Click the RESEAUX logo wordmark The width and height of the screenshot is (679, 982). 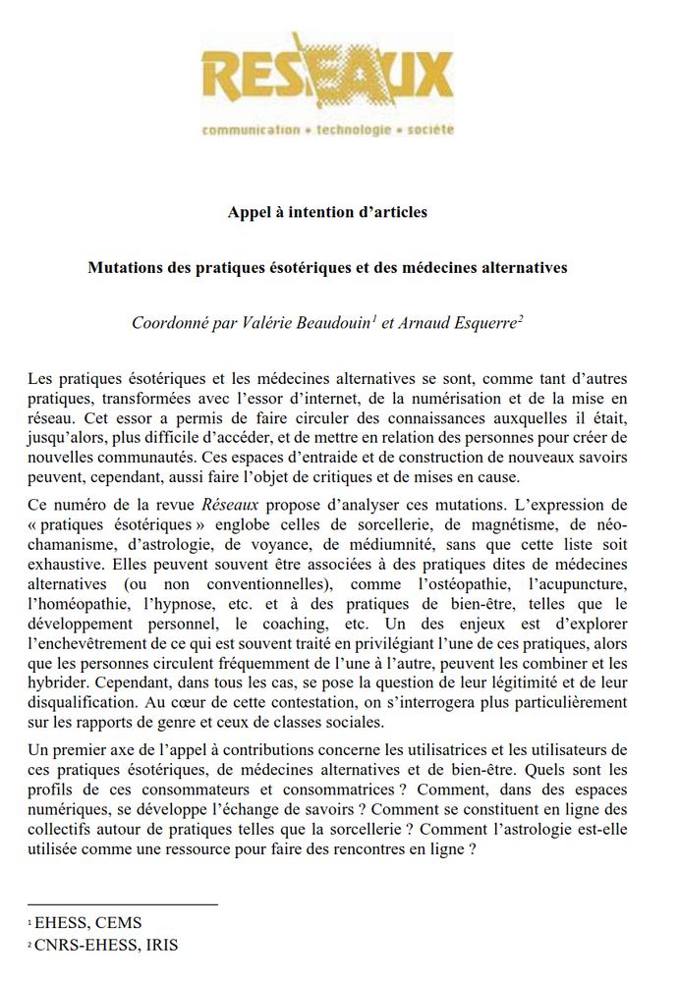(x=327, y=77)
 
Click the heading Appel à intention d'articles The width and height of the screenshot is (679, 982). (x=327, y=211)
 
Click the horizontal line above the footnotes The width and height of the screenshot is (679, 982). (x=123, y=903)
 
